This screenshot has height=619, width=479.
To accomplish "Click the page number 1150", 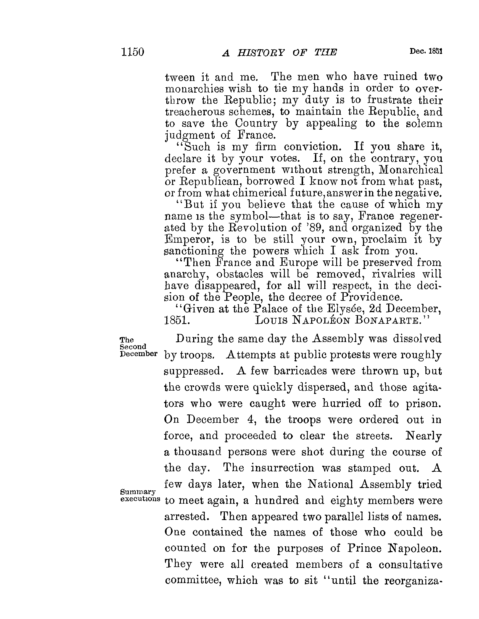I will [x=133, y=52].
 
